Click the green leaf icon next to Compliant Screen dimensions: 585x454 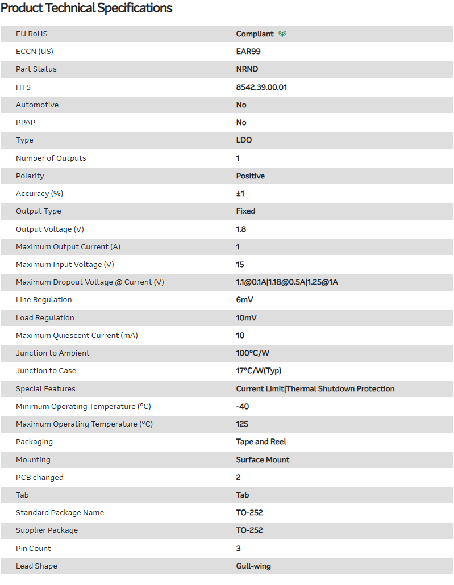(282, 34)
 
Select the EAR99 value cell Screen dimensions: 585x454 (248, 52)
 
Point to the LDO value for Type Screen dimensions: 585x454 (244, 140)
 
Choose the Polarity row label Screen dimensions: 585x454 (30, 176)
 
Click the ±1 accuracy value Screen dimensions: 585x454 (240, 194)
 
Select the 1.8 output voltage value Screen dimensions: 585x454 (241, 229)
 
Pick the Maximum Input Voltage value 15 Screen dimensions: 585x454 (240, 265)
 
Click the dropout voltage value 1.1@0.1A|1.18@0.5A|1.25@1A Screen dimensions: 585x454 (287, 282)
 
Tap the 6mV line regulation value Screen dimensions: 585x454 (245, 300)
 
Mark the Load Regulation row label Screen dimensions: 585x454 (45, 318)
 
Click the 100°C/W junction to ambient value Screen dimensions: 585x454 (253, 353)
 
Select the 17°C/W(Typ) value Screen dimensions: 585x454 (259, 371)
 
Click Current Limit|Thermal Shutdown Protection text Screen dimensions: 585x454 (315, 389)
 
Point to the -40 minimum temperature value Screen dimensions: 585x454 (243, 407)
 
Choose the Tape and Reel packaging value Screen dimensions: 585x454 (261, 442)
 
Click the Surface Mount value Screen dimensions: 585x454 (263, 460)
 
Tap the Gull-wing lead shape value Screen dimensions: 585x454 (253, 566)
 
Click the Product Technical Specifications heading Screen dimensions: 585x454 (86, 9)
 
